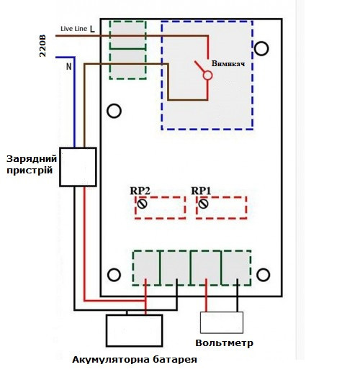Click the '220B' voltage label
(x=42, y=46)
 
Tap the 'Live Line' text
(x=73, y=29)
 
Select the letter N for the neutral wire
(x=69, y=66)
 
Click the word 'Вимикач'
(x=228, y=63)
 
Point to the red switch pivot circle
(x=207, y=76)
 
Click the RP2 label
(x=140, y=191)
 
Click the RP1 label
(x=201, y=191)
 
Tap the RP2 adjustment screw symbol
(x=142, y=204)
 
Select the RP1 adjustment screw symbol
(x=204, y=204)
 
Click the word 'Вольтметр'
(x=224, y=343)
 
